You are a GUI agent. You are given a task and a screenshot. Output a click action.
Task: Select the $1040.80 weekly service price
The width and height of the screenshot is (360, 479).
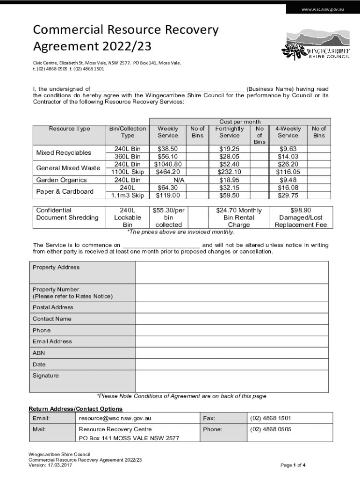pyautogui.click(x=168, y=164)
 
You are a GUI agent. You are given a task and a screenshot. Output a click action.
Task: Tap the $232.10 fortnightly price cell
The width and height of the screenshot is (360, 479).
pyautogui.click(x=229, y=172)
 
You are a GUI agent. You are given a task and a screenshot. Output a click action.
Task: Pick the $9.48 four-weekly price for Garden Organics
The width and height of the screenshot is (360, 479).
pyautogui.click(x=288, y=180)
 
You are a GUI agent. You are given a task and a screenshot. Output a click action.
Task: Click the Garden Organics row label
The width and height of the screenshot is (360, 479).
pyautogui.click(x=62, y=180)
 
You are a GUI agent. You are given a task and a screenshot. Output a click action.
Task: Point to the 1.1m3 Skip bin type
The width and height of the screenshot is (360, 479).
pyautogui.click(x=127, y=195)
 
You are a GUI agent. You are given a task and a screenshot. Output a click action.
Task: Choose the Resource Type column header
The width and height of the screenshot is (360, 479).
pyautogui.click(x=70, y=129)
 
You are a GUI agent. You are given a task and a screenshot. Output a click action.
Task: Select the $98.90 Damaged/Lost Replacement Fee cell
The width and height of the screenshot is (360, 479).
pyautogui.click(x=301, y=218)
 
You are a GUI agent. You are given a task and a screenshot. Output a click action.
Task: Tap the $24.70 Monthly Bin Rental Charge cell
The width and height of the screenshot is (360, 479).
pyautogui.click(x=239, y=218)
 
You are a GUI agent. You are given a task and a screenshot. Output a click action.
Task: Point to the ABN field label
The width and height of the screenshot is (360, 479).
pyautogui.click(x=39, y=353)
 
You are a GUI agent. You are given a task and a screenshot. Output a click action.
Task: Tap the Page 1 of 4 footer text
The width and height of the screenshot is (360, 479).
pyautogui.click(x=293, y=465)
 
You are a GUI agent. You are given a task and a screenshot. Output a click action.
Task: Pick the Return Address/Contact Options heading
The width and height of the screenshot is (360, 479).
pyautogui.click(x=76, y=409)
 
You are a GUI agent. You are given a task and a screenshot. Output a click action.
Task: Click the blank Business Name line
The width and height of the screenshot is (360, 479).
pyautogui.click(x=168, y=89)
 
